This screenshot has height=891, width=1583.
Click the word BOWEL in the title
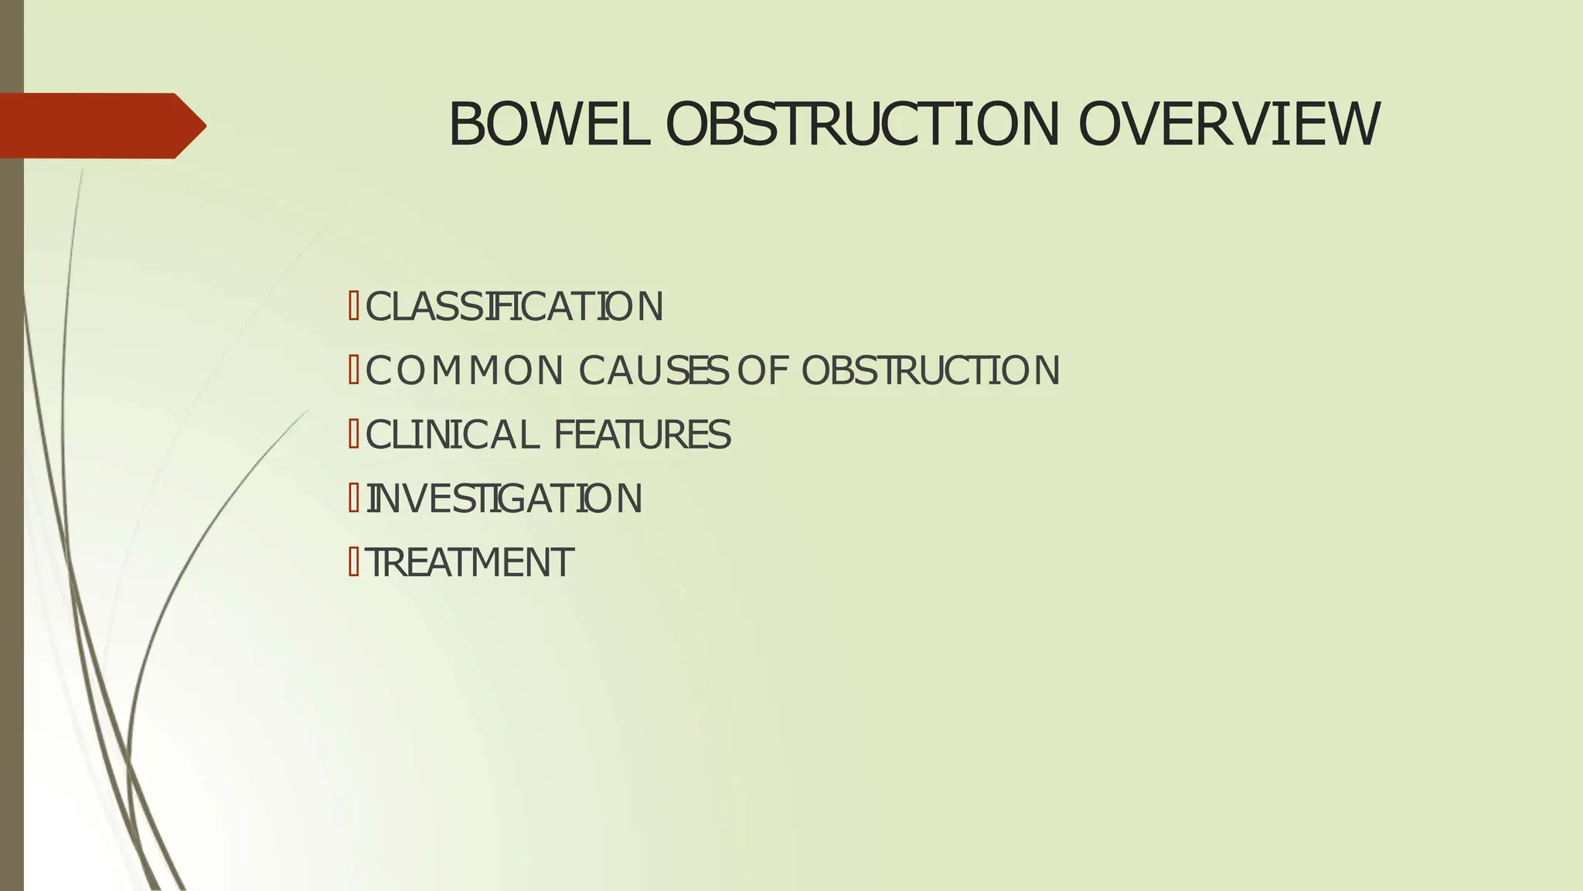547,125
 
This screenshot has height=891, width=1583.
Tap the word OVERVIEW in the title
1228,125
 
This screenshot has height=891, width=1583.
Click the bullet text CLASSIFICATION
514,307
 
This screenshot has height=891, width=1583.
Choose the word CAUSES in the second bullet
653,370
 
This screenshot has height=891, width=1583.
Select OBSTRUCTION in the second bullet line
931,370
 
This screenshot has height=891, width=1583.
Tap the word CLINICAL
451,435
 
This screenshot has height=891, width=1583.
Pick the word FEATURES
642,435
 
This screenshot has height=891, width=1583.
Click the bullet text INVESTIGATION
504,498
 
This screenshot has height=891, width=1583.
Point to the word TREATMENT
469,562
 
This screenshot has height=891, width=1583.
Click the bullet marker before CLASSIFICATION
353,306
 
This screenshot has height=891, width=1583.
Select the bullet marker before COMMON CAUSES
353,370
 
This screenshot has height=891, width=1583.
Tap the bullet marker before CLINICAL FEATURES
353,434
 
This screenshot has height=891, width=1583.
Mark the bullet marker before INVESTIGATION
353,497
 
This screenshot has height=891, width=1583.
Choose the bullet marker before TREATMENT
353,562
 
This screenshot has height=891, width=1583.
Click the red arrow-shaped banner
93,125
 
